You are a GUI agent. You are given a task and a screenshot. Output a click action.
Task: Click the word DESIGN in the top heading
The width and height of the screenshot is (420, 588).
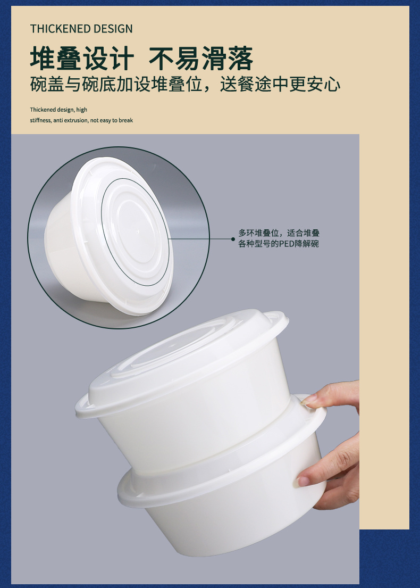tap(113, 29)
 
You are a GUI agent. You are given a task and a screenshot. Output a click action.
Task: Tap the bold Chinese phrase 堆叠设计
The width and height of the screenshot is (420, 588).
tap(82, 59)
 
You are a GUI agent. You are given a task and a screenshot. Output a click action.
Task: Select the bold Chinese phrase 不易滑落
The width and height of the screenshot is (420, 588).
tap(201, 59)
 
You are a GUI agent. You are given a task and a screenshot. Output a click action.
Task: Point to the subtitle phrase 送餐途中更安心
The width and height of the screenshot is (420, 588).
tap(280, 84)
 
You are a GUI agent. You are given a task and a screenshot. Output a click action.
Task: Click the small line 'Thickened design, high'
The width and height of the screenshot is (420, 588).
tap(58, 110)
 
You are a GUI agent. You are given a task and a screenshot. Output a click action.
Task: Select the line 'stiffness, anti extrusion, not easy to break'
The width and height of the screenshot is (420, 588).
tap(81, 120)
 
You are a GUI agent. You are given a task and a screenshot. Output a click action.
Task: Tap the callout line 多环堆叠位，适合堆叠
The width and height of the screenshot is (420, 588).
tap(279, 233)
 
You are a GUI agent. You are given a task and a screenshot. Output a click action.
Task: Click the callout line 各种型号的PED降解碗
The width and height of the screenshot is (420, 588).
tap(279, 244)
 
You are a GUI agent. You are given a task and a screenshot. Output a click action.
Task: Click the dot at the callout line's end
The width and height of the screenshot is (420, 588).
tap(233, 239)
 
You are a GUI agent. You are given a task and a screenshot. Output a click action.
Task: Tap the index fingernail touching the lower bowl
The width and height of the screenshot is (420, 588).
tap(303, 482)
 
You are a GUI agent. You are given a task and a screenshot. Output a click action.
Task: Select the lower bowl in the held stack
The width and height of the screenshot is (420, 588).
tap(221, 502)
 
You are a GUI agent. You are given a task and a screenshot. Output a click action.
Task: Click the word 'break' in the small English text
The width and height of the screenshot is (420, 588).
tap(126, 120)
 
